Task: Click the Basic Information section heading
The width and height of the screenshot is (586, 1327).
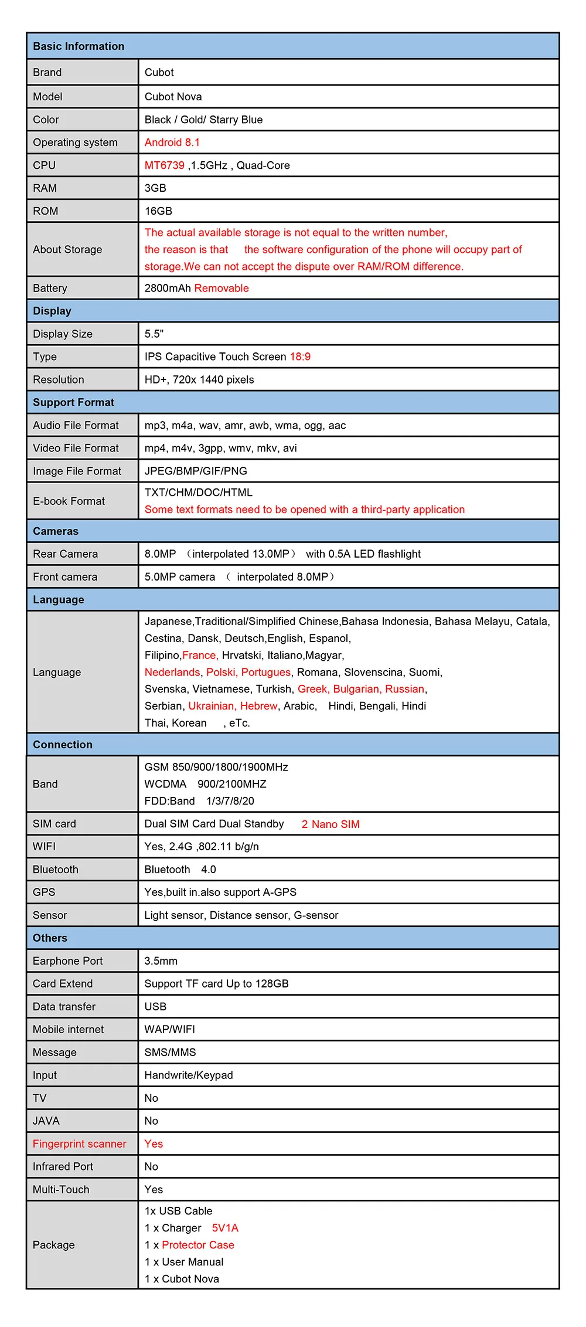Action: click(79, 46)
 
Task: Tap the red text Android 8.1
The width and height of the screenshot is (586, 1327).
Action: click(172, 142)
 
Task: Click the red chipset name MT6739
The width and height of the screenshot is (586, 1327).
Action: click(165, 165)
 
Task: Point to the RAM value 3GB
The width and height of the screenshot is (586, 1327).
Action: click(156, 188)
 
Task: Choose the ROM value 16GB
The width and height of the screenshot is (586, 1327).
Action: click(159, 211)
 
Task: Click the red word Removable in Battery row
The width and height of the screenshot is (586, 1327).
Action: click(222, 288)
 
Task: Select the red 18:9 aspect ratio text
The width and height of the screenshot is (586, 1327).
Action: click(300, 357)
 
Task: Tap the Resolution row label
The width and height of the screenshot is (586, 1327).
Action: click(59, 379)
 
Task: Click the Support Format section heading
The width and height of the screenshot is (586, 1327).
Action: click(74, 402)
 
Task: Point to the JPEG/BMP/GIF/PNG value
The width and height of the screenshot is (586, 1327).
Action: click(196, 471)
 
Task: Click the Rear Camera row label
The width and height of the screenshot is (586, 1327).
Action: click(66, 554)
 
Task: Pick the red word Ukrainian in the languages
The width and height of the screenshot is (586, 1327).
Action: click(212, 706)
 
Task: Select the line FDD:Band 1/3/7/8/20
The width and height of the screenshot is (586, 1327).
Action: click(199, 801)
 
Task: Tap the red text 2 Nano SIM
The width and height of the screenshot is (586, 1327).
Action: click(331, 824)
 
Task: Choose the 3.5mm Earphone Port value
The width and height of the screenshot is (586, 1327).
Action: click(161, 961)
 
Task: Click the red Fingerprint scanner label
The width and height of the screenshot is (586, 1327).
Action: click(80, 1144)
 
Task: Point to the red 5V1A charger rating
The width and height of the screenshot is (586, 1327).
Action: click(225, 1228)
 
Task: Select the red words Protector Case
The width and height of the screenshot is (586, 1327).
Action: click(198, 1245)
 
